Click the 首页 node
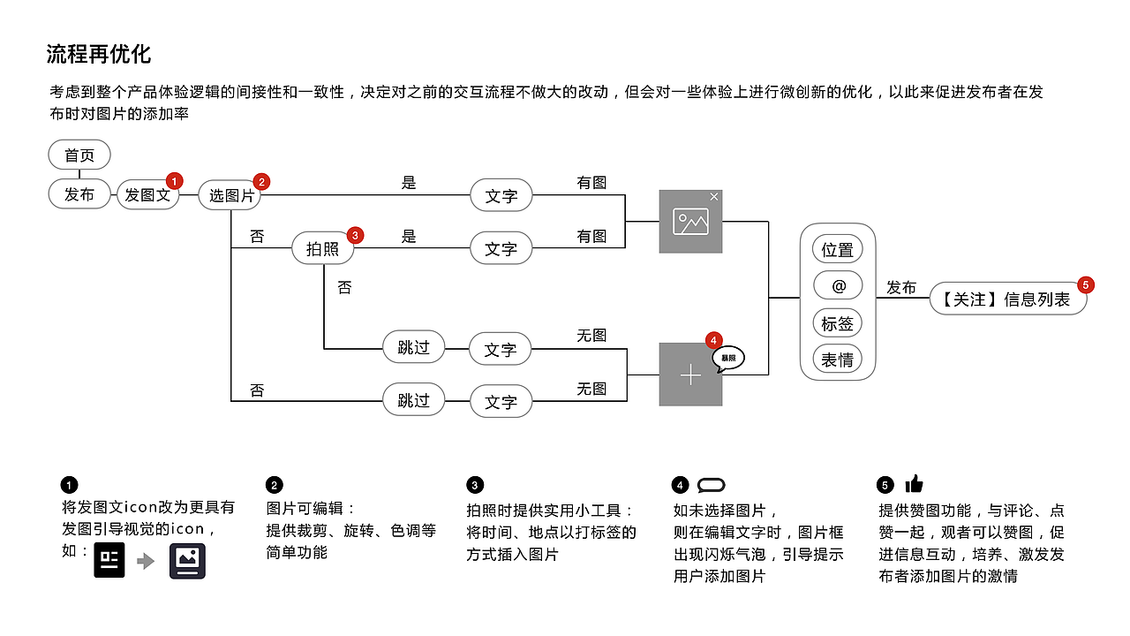79,155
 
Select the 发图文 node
147,195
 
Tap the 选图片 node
230,195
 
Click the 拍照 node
322,249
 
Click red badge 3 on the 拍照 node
354,235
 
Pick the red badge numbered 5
1086,284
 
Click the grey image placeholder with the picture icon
690,221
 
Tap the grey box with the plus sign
690,375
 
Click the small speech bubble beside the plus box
728,358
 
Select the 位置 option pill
837,250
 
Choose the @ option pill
837,286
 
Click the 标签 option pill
837,323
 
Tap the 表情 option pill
837,360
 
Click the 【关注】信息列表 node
1006,299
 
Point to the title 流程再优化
99,54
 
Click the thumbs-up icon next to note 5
914,484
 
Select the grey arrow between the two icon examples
147,561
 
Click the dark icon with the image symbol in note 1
187,561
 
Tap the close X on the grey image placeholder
714,196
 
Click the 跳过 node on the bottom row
413,400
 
